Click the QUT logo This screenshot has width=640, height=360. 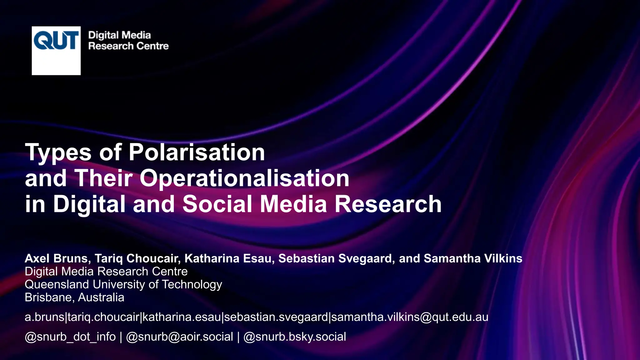[x=56, y=50]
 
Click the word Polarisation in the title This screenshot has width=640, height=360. [x=197, y=152]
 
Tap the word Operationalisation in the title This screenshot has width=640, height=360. [x=244, y=178]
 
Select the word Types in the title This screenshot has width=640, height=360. [x=58, y=152]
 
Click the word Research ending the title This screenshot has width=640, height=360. [x=388, y=204]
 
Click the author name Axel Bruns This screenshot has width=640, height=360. [x=57, y=258]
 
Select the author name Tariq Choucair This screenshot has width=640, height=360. [x=137, y=258]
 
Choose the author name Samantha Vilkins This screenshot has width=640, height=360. [x=473, y=258]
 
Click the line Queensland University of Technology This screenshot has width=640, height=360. [x=123, y=284]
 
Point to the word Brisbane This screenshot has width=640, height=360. [x=49, y=297]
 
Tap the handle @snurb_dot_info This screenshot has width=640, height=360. [x=70, y=337]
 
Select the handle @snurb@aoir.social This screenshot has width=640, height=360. [x=179, y=337]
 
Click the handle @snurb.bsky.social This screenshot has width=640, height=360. [x=294, y=337]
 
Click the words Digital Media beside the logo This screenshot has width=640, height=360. [x=119, y=35]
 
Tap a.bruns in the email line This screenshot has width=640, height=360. [x=44, y=317]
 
